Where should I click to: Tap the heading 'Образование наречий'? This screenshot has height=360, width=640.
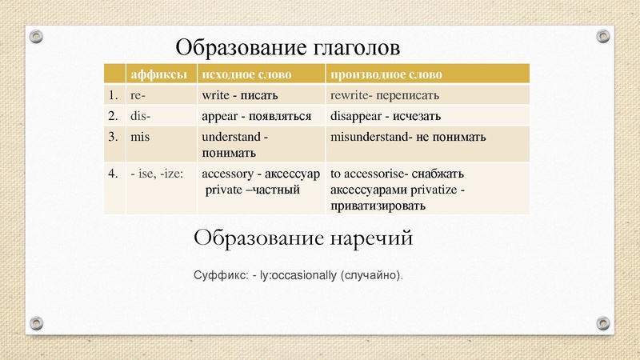[303, 238]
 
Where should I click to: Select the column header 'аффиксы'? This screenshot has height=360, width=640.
[158, 74]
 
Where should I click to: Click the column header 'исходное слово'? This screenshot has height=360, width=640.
[246, 74]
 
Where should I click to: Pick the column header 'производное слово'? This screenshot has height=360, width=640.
[386, 74]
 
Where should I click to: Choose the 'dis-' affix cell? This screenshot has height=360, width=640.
[141, 115]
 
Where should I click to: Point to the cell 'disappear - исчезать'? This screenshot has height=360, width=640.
[386, 115]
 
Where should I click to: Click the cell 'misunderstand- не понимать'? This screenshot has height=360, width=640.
[408, 138]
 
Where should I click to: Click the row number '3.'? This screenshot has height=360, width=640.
[114, 137]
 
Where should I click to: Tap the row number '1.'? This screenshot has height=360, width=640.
[114, 95]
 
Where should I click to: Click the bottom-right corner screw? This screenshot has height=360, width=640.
[604, 322]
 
